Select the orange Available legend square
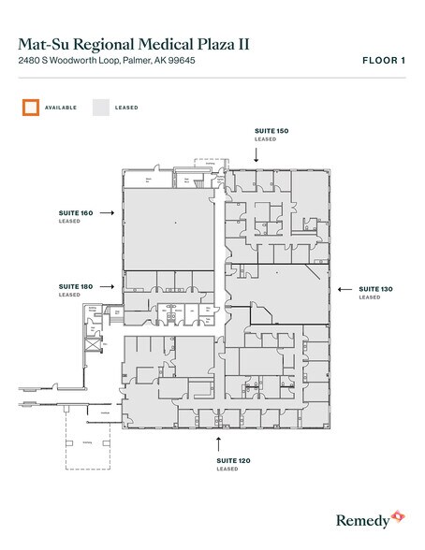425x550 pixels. click(x=31, y=108)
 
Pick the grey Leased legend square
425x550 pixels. click(x=99, y=108)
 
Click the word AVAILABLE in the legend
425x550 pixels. click(x=61, y=108)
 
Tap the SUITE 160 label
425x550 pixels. click(x=75, y=213)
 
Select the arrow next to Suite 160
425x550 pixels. click(x=109, y=213)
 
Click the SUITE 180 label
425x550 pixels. click(x=75, y=285)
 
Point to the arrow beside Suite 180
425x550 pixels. click(x=109, y=285)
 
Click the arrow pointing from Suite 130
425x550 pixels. click(x=342, y=289)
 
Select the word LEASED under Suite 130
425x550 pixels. click(x=369, y=297)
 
